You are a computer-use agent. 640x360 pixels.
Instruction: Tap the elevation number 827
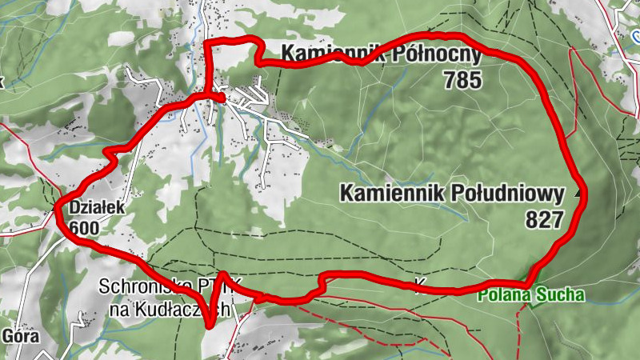click(x=545, y=219)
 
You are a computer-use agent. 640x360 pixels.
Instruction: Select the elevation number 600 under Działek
click(x=84, y=228)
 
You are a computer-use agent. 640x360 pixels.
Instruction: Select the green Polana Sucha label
click(x=531, y=295)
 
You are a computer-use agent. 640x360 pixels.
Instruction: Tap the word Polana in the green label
click(x=504, y=295)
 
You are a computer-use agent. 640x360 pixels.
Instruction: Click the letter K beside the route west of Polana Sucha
click(x=419, y=284)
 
